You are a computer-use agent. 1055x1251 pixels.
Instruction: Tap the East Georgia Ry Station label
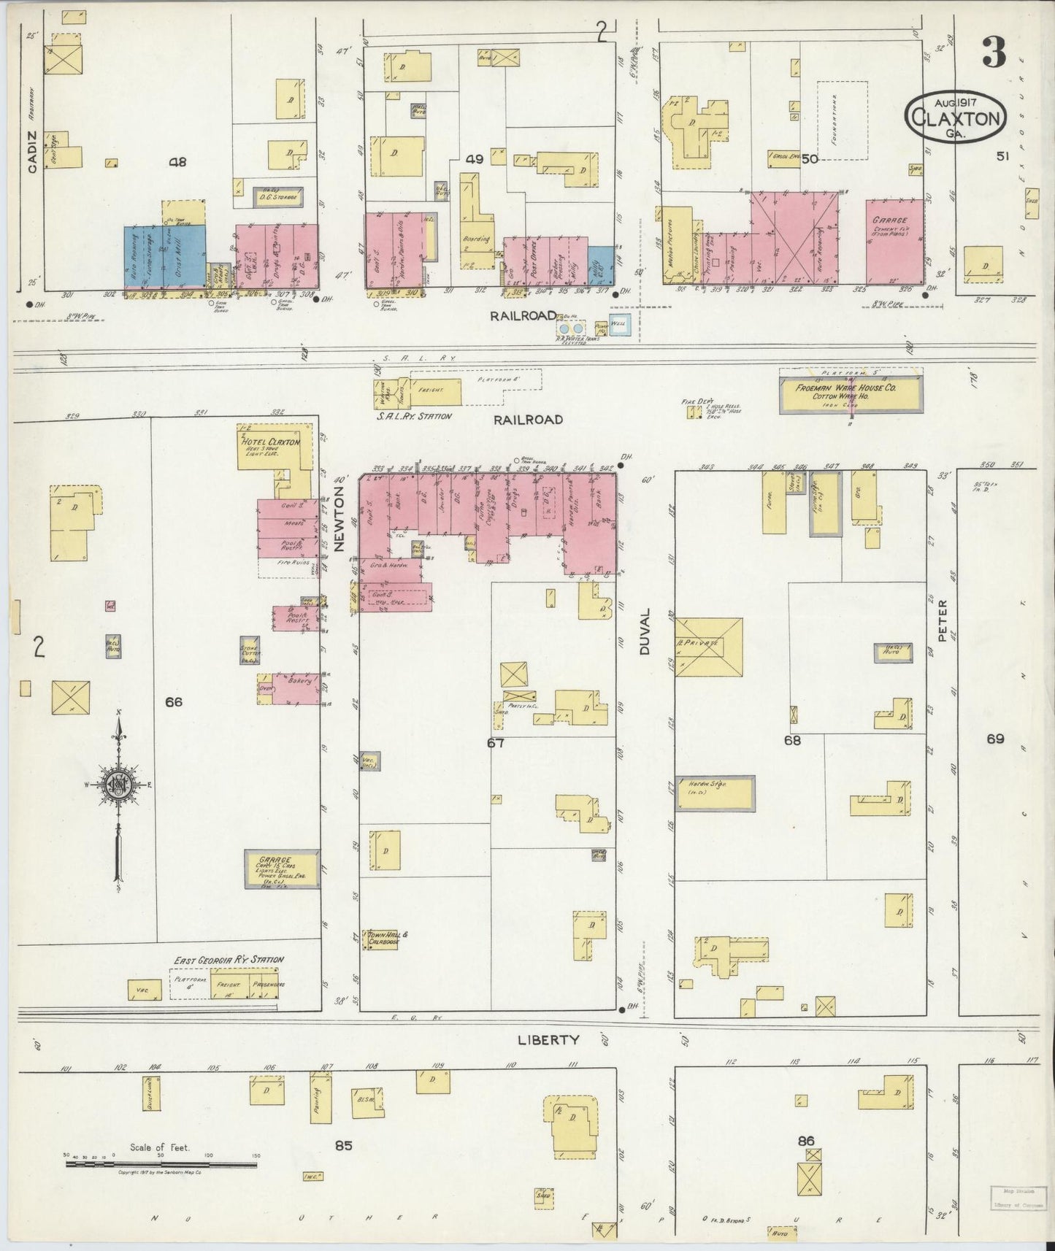point(229,959)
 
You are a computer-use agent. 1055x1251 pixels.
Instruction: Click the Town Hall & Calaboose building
point(388,938)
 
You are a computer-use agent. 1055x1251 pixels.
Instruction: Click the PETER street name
point(942,620)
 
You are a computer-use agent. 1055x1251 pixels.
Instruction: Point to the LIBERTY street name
point(548,1040)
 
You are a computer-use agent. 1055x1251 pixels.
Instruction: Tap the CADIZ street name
point(31,158)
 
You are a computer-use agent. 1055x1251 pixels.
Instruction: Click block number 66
point(173,702)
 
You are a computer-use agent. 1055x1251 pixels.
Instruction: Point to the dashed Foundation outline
point(841,120)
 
